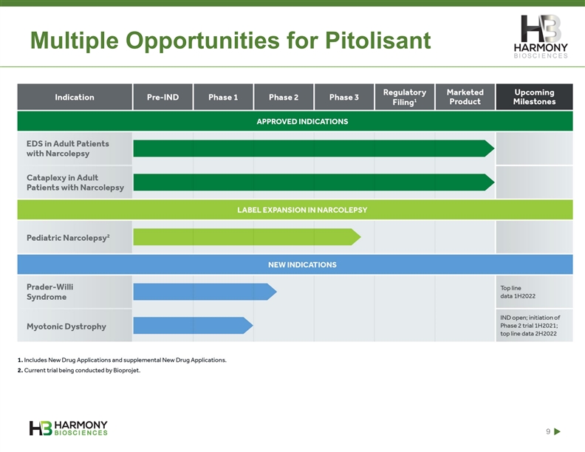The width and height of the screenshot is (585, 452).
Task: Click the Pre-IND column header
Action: pos(162,97)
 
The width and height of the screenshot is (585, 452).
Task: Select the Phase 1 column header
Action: pos(223,97)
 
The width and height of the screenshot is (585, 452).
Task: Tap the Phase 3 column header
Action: pos(344,97)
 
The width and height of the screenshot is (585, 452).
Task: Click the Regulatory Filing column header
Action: pos(405,97)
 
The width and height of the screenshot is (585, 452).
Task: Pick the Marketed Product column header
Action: pos(465,97)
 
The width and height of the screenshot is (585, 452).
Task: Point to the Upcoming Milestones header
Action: pos(534,97)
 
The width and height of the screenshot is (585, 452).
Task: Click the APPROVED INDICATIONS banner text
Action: pos(302,122)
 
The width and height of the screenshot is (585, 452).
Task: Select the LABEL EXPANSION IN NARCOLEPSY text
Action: pos(302,210)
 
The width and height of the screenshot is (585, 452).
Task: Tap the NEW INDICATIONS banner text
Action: pos(302,265)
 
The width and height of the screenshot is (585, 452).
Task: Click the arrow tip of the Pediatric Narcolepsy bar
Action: pos(360,237)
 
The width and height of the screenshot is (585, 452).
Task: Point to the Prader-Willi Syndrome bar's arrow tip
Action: pos(276,292)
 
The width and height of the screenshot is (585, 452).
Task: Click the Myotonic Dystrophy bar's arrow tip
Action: pos(253,326)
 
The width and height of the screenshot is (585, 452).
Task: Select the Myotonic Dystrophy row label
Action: pos(66,326)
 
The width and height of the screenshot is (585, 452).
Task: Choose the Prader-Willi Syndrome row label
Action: pos(49,292)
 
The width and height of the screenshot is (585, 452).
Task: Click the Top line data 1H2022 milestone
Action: pos(518,292)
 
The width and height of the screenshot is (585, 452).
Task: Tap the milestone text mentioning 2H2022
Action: pos(530,326)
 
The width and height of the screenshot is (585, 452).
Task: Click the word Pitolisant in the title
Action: pos(378,41)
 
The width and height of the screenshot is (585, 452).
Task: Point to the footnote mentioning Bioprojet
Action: pos(79,370)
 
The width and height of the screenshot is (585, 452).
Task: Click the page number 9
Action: pos(548,431)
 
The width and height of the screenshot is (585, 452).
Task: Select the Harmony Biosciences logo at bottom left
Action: pos(68,428)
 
